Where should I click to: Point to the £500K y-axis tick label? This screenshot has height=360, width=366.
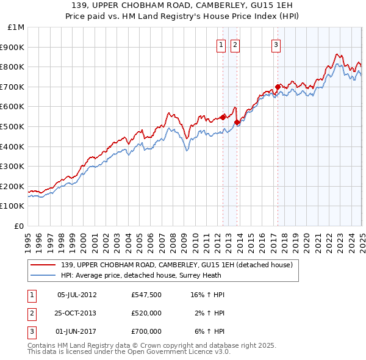(13, 126)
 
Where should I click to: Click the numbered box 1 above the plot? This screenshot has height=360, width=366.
(220, 44)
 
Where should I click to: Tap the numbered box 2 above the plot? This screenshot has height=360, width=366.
(235, 44)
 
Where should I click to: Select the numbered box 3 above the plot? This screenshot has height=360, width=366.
(276, 44)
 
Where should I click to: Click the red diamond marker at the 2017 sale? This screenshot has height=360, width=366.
(278, 87)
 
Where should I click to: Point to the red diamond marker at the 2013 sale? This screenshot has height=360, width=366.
(237, 123)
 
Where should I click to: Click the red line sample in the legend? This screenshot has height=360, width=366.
(43, 265)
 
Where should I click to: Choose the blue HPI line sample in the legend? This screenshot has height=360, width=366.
(43, 275)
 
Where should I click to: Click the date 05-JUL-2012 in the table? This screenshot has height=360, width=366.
(77, 295)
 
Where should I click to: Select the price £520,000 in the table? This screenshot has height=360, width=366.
(146, 313)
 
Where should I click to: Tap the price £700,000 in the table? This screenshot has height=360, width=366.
(146, 331)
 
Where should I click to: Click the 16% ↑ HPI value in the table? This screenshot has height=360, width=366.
(207, 295)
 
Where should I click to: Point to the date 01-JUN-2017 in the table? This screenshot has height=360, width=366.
(77, 331)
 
